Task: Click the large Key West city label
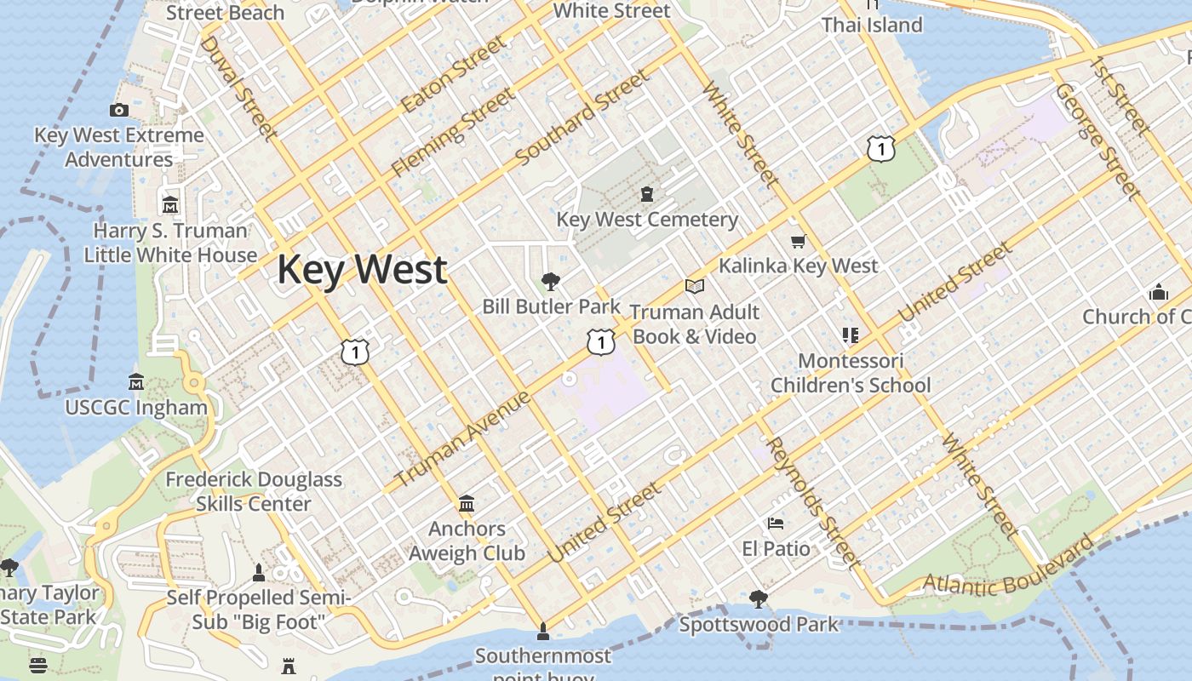tap(362, 269)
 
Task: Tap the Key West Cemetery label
tap(647, 220)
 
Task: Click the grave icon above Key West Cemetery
tap(647, 195)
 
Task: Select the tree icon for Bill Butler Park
tap(551, 281)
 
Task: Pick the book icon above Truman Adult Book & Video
tap(695, 287)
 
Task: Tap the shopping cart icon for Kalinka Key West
tap(798, 242)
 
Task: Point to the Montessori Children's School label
tap(851, 373)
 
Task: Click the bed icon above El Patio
tap(776, 523)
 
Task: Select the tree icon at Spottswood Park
tap(758, 599)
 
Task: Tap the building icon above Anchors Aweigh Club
tap(467, 504)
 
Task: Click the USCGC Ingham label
tap(136, 407)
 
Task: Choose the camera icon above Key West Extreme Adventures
tap(119, 110)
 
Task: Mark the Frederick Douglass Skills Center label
tap(254, 491)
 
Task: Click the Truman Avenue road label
tap(464, 438)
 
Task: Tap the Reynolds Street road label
tap(811, 502)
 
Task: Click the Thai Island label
tap(872, 25)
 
